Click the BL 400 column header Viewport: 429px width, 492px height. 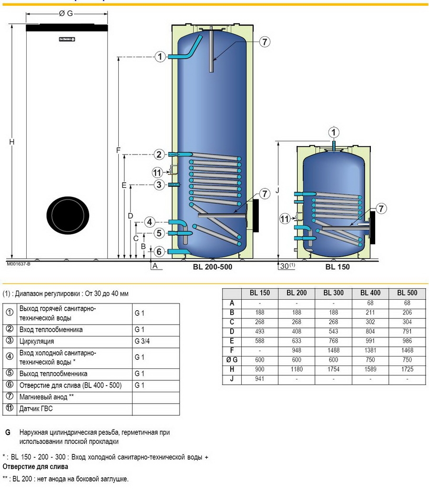point(370,293)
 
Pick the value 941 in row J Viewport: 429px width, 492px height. point(259,379)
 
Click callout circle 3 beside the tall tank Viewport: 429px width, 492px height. point(160,185)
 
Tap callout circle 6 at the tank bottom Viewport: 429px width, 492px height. point(160,251)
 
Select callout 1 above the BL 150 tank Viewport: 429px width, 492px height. point(334,132)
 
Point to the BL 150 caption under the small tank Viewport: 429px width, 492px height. point(337,267)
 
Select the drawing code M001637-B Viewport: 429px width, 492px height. point(18,263)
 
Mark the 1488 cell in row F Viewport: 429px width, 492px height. point(334,350)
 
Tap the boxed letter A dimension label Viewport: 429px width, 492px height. point(154,266)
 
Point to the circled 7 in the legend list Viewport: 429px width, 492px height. point(9,397)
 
